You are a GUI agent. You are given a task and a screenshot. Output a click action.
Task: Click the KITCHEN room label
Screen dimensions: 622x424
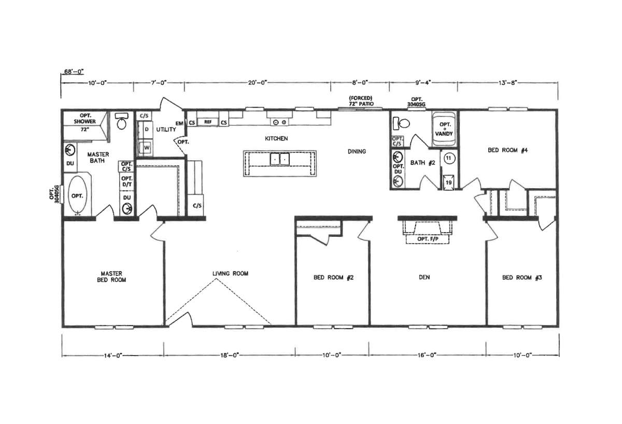(x=276, y=138)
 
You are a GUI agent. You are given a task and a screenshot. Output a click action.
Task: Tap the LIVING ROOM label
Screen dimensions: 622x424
(x=231, y=274)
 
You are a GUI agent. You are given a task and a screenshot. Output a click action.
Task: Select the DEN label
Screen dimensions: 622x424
(x=425, y=277)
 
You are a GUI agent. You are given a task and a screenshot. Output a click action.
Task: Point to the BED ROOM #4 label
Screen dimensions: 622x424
(x=508, y=150)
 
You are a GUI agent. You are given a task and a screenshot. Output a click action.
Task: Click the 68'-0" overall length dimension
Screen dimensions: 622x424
(x=74, y=72)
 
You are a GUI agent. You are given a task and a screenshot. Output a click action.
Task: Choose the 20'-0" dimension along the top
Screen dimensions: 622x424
(x=258, y=82)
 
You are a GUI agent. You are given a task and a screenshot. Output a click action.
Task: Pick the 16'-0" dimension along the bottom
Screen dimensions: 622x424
(x=427, y=355)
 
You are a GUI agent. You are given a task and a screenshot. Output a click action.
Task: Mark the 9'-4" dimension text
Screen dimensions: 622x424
(x=423, y=82)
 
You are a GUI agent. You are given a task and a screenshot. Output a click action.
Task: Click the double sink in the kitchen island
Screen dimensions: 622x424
(x=280, y=159)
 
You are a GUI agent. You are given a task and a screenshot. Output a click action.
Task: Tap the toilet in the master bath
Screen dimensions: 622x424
(x=121, y=121)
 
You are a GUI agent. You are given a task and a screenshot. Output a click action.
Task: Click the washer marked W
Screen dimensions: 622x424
(x=146, y=147)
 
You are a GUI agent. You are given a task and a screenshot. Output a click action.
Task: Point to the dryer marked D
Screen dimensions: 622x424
(x=146, y=130)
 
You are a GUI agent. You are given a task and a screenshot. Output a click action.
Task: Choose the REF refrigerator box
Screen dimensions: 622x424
(x=208, y=122)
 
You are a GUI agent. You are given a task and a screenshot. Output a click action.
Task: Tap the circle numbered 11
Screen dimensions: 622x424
(x=449, y=158)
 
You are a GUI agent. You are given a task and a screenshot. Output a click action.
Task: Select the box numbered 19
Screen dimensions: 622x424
(x=449, y=182)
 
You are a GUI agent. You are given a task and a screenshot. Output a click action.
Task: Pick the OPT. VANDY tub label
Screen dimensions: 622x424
(x=444, y=129)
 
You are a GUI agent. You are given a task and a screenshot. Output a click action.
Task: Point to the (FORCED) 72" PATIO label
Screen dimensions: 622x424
(x=361, y=101)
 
